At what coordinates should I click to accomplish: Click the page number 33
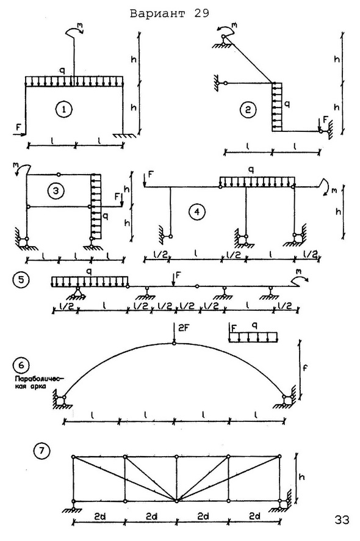[342, 520]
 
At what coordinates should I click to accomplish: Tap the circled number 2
[248, 110]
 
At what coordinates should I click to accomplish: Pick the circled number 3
[56, 192]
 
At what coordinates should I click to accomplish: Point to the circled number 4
[197, 211]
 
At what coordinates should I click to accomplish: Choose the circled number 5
[20, 280]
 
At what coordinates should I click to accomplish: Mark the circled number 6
[20, 365]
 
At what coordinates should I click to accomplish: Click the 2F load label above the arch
[184, 328]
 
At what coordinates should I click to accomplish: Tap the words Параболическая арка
[31, 383]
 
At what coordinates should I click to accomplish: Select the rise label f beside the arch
[305, 368]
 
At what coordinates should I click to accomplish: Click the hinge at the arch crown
[174, 343]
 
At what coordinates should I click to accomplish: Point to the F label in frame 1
[18, 127]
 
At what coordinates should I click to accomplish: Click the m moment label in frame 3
[15, 165]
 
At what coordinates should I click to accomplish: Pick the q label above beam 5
[89, 272]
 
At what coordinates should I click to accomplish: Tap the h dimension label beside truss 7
[301, 477]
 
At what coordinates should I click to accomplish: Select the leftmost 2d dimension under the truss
[99, 516]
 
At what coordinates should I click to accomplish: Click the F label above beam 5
[178, 275]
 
